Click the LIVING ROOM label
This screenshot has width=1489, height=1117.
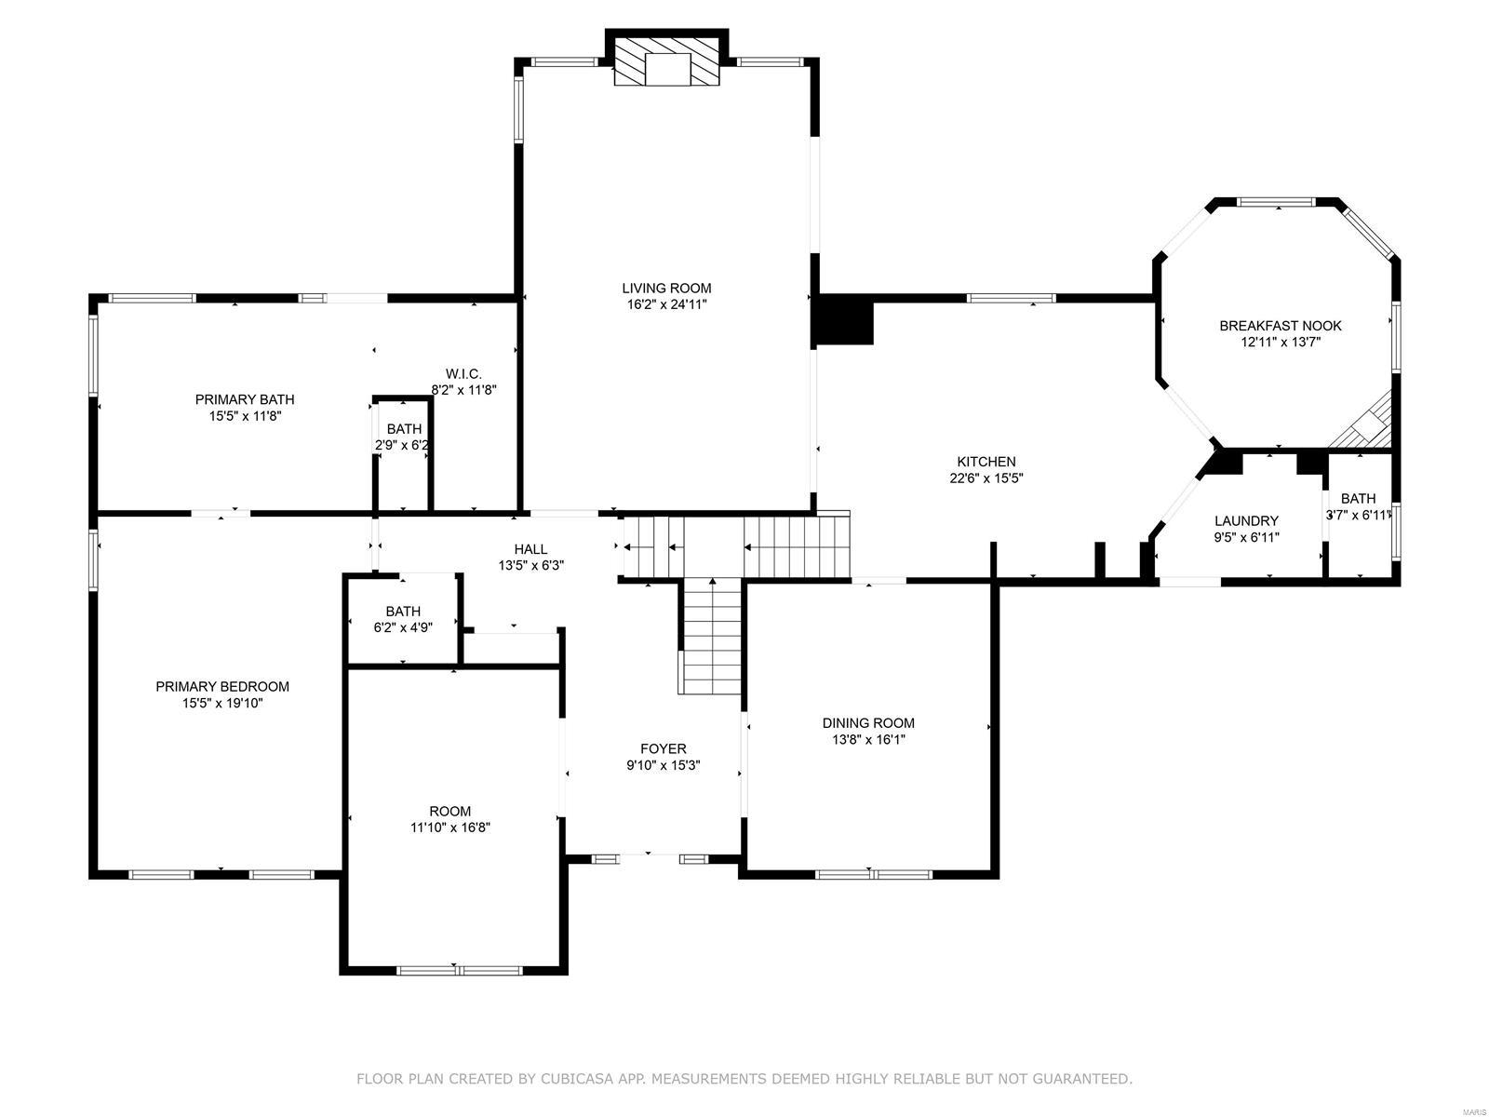pos(666,288)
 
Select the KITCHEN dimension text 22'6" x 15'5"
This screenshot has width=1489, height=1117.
pos(986,478)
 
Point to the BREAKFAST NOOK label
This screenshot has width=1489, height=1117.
pos(1281,325)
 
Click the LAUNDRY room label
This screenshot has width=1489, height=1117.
pos(1246,520)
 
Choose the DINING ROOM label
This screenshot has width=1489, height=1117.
pos(867,722)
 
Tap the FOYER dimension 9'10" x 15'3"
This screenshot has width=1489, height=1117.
pos(663,765)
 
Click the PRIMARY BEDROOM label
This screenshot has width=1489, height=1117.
pos(222,686)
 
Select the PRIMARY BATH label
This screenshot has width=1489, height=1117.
pos(245,399)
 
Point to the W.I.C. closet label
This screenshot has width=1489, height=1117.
pos(463,373)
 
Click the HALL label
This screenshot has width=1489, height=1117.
pos(530,548)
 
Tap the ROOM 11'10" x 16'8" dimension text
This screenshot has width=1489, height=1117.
pos(450,827)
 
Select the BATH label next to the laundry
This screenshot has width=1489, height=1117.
pos(1358,498)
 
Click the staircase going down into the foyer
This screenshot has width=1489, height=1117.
pos(713,635)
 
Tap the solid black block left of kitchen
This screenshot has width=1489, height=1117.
pos(844,321)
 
